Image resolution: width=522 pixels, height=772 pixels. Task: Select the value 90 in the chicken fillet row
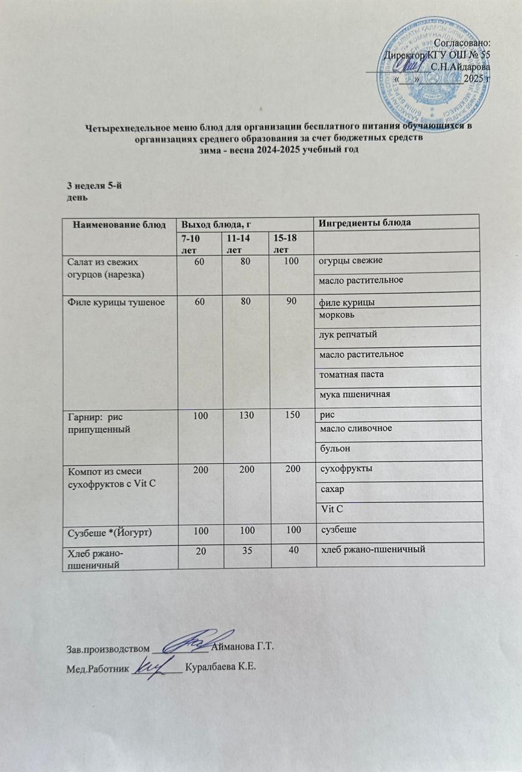click(291, 301)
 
